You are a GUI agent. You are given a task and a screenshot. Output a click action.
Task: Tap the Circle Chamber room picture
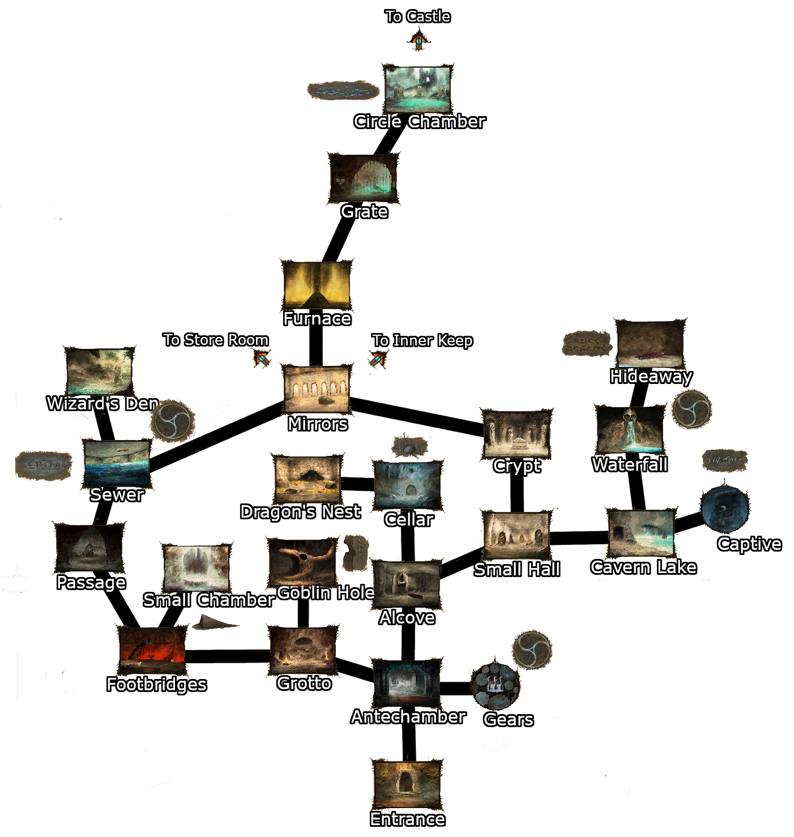[418, 89]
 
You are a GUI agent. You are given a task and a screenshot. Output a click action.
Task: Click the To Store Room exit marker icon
[262, 358]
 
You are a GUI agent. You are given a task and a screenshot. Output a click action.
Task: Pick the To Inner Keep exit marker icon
[378, 358]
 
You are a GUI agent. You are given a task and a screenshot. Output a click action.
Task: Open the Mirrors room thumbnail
[317, 390]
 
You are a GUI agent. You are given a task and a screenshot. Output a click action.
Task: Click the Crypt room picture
[516, 434]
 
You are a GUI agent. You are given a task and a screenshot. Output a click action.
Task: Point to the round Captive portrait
[724, 509]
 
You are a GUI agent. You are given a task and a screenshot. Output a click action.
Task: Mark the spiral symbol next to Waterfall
[691, 409]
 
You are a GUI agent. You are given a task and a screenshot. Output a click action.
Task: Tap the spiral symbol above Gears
[532, 650]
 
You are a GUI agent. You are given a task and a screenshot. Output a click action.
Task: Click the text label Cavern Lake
[643, 567]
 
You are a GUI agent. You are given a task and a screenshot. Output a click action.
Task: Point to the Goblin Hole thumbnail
[302, 562]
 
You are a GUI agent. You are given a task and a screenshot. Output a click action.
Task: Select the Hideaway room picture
[650, 344]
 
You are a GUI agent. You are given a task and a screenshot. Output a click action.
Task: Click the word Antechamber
[408, 717]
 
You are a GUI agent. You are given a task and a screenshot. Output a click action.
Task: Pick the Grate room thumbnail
[363, 178]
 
